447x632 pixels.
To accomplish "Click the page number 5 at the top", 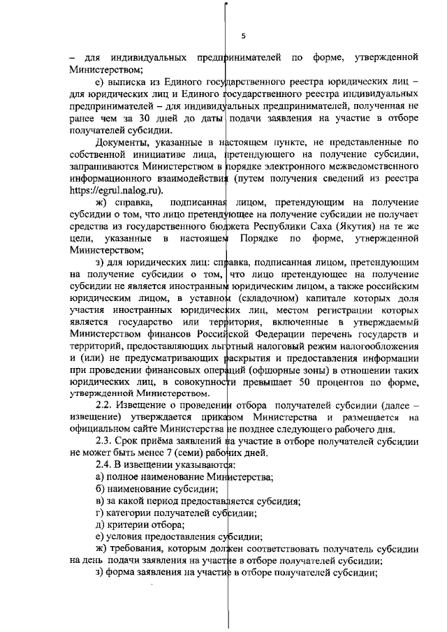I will (243, 36).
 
